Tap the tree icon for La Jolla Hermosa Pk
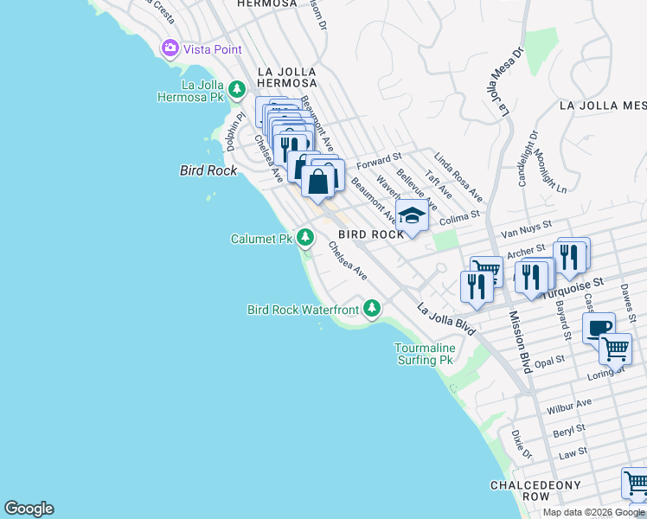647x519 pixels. coord(236,90)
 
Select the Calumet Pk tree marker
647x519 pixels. coord(304,237)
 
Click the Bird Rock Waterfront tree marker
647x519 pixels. coord(372,308)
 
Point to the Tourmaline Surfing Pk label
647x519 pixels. coord(424,354)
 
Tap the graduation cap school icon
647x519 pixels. coord(413,216)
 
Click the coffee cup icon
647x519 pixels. coord(599,328)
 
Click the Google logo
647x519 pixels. coord(29,509)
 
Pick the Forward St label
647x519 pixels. coord(379,161)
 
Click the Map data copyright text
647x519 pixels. coord(593,512)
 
